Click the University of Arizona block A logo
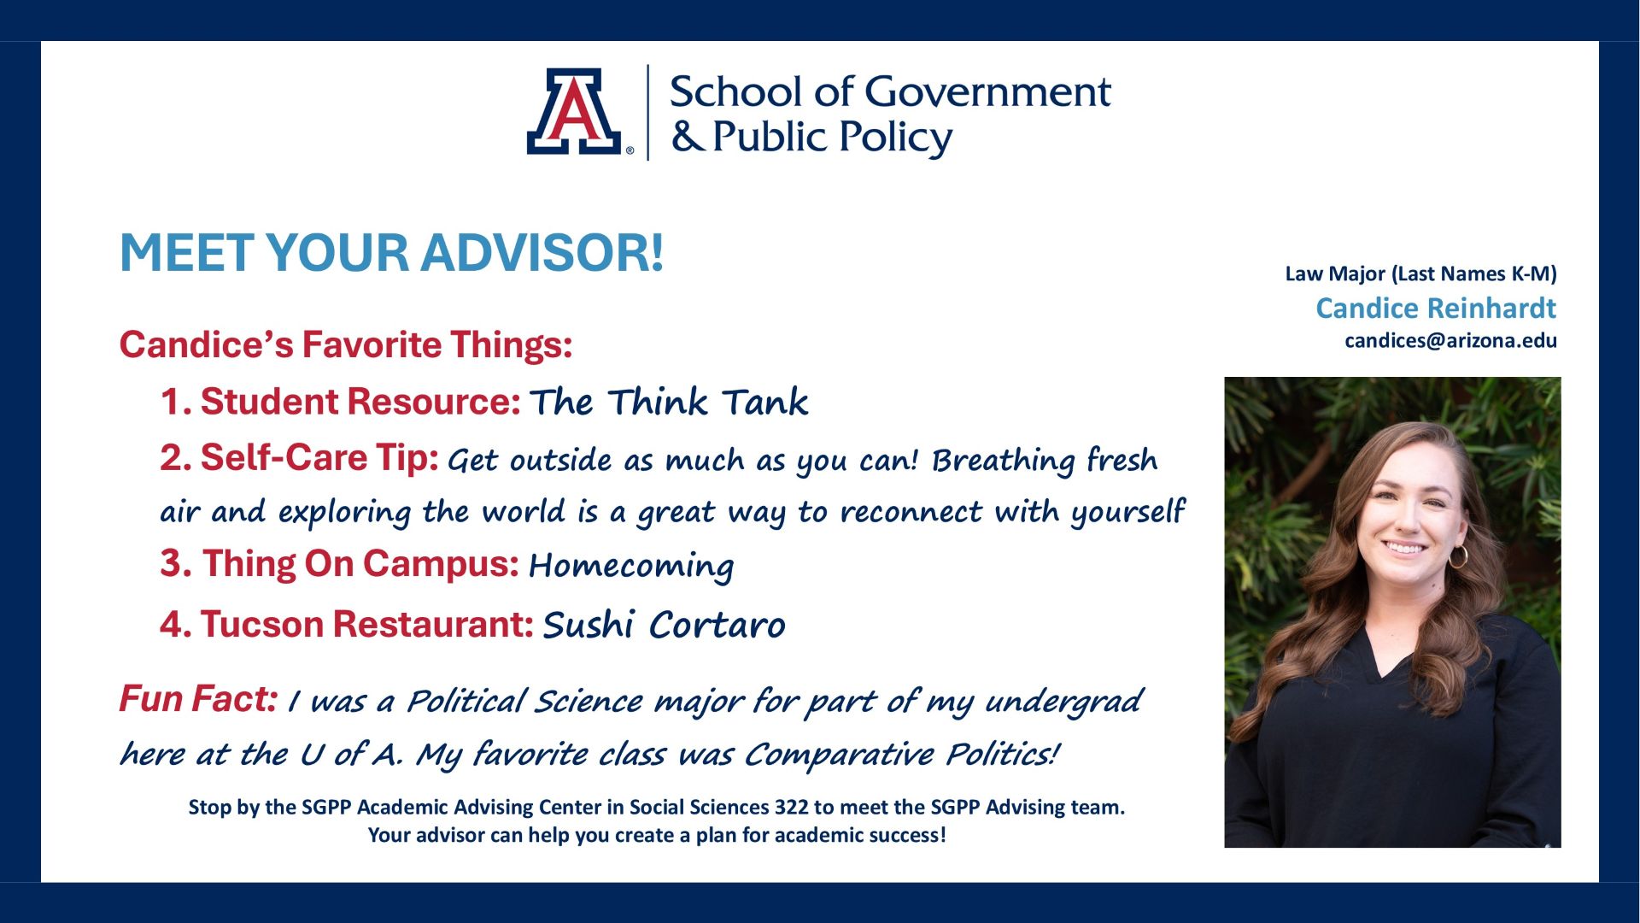(x=574, y=111)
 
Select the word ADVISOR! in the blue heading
(x=542, y=252)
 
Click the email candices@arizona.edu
(x=1450, y=340)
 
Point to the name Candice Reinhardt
(x=1436, y=308)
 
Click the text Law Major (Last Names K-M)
(x=1420, y=273)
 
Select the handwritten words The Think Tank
(x=669, y=402)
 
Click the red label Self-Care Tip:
(x=299, y=458)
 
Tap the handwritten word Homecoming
(x=631, y=566)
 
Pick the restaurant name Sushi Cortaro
(x=664, y=625)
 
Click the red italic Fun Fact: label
(x=198, y=699)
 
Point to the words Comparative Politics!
(x=902, y=755)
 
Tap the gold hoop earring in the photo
(x=1458, y=556)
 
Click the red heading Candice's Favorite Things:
(x=346, y=344)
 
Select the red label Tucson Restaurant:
(x=347, y=624)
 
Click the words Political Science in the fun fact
(x=524, y=702)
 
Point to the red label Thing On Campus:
(x=340, y=564)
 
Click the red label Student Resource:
(x=340, y=402)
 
